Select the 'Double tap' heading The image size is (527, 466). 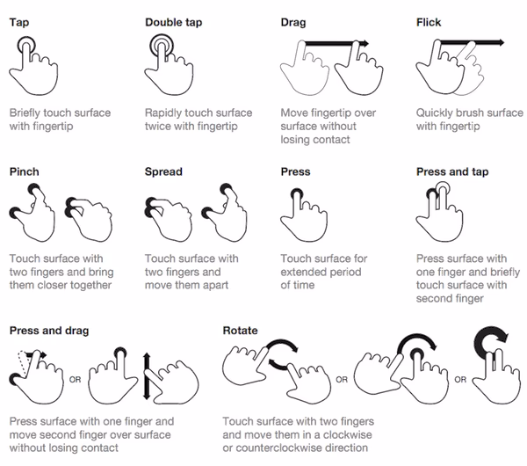tap(174, 22)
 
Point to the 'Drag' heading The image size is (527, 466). tap(293, 22)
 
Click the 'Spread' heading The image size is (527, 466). tap(164, 171)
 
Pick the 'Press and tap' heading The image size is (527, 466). tap(451, 171)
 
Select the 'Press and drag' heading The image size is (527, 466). tap(49, 331)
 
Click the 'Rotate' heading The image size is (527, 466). tap(240, 331)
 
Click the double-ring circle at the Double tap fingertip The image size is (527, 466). tap(162, 45)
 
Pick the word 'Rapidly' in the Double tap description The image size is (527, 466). tap(164, 113)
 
